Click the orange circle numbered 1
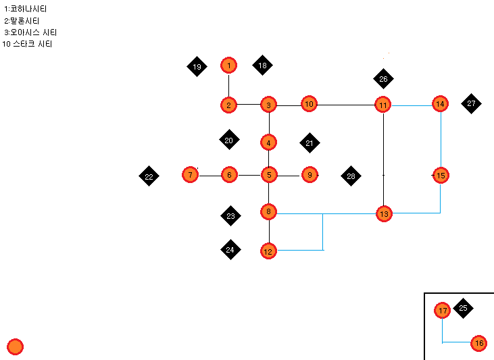pos(229,66)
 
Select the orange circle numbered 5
pos(269,175)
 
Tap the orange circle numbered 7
pos(191,175)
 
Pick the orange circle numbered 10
pos(309,104)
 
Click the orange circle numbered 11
pos(383,105)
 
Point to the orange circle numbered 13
pos(384,214)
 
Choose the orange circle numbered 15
pos(441,176)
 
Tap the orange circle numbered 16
pos(479,344)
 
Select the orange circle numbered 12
pos(268,251)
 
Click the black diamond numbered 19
pos(197,67)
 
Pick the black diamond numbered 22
pos(149,177)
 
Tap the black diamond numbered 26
pos(383,79)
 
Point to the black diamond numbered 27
pos(471,103)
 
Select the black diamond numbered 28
pos(351,176)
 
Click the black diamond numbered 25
pos(463,308)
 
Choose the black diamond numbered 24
pos(230,249)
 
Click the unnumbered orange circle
pos(16,347)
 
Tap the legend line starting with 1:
pos(25,9)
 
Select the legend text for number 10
pos(28,44)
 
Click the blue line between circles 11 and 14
pos(412,105)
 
